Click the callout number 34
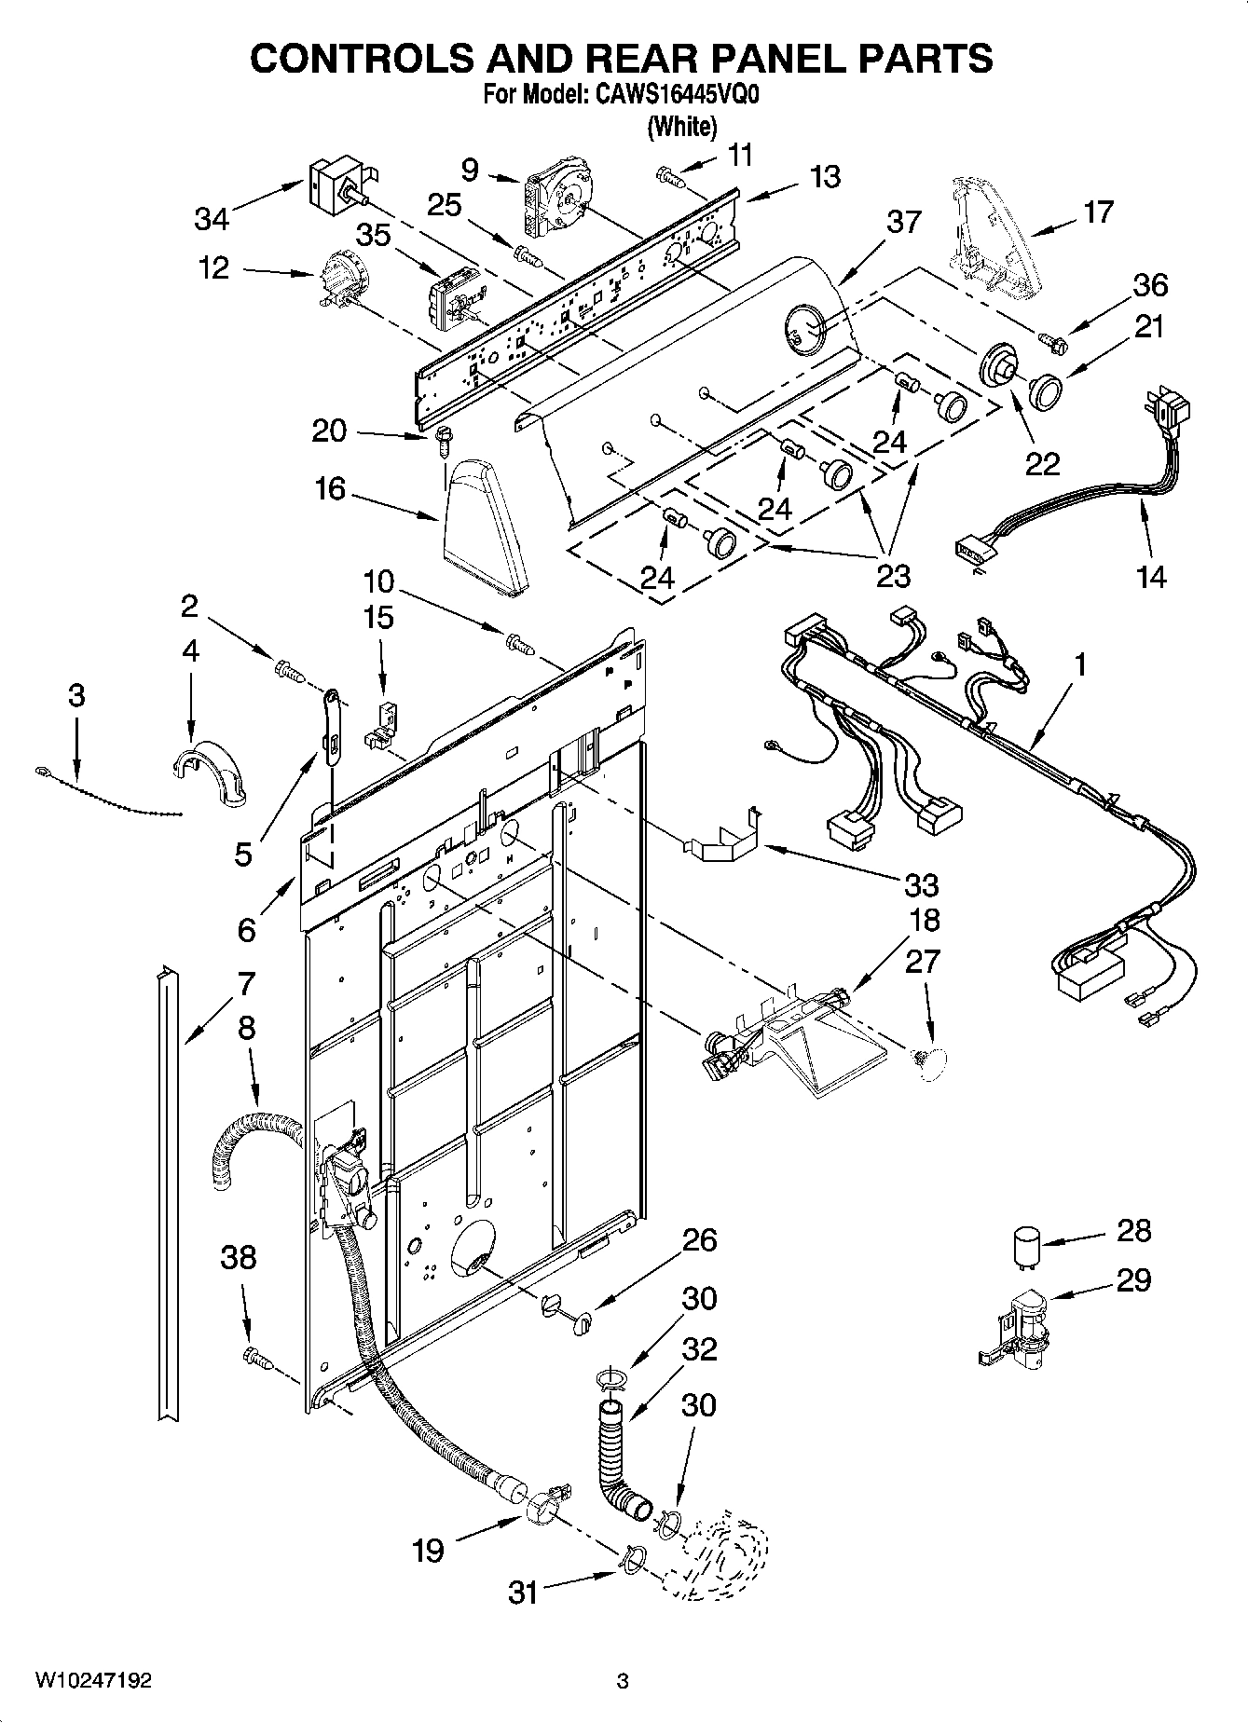pyautogui.click(x=212, y=219)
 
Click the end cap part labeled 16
pyautogui.click(x=483, y=526)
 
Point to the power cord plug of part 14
pyautogui.click(x=1173, y=408)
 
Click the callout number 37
pyautogui.click(x=903, y=223)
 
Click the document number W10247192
pyautogui.click(x=93, y=1680)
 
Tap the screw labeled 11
pyautogui.click(x=670, y=177)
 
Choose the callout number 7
pyautogui.click(x=245, y=983)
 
